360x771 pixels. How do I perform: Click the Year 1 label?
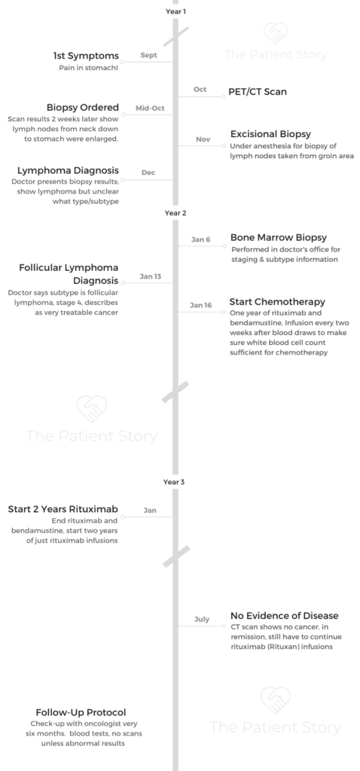coord(175,11)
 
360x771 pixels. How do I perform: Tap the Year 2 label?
coord(175,213)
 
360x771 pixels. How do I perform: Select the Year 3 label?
coord(174,482)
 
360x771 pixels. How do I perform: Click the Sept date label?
coord(148,55)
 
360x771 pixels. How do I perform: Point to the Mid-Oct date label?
coord(150,108)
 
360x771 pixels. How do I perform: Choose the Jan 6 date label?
coord(200,239)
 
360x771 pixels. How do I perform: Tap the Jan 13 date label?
coord(151,276)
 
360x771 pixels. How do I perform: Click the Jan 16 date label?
coord(200,306)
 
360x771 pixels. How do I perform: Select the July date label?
coord(202,619)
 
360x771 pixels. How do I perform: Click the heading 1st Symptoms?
coord(86,56)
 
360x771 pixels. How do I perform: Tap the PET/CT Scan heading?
coord(258,92)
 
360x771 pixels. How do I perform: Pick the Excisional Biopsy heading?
coord(270,134)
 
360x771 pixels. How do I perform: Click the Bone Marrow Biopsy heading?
coord(279,237)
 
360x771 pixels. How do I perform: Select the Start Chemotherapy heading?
coord(277,301)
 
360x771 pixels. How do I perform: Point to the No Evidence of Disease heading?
coord(284,616)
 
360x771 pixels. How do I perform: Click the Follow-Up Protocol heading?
coord(81,712)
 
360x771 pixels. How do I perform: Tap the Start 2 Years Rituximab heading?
coord(63,509)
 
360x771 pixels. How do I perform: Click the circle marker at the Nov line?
coord(224,145)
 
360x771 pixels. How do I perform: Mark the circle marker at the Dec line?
coord(123,179)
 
